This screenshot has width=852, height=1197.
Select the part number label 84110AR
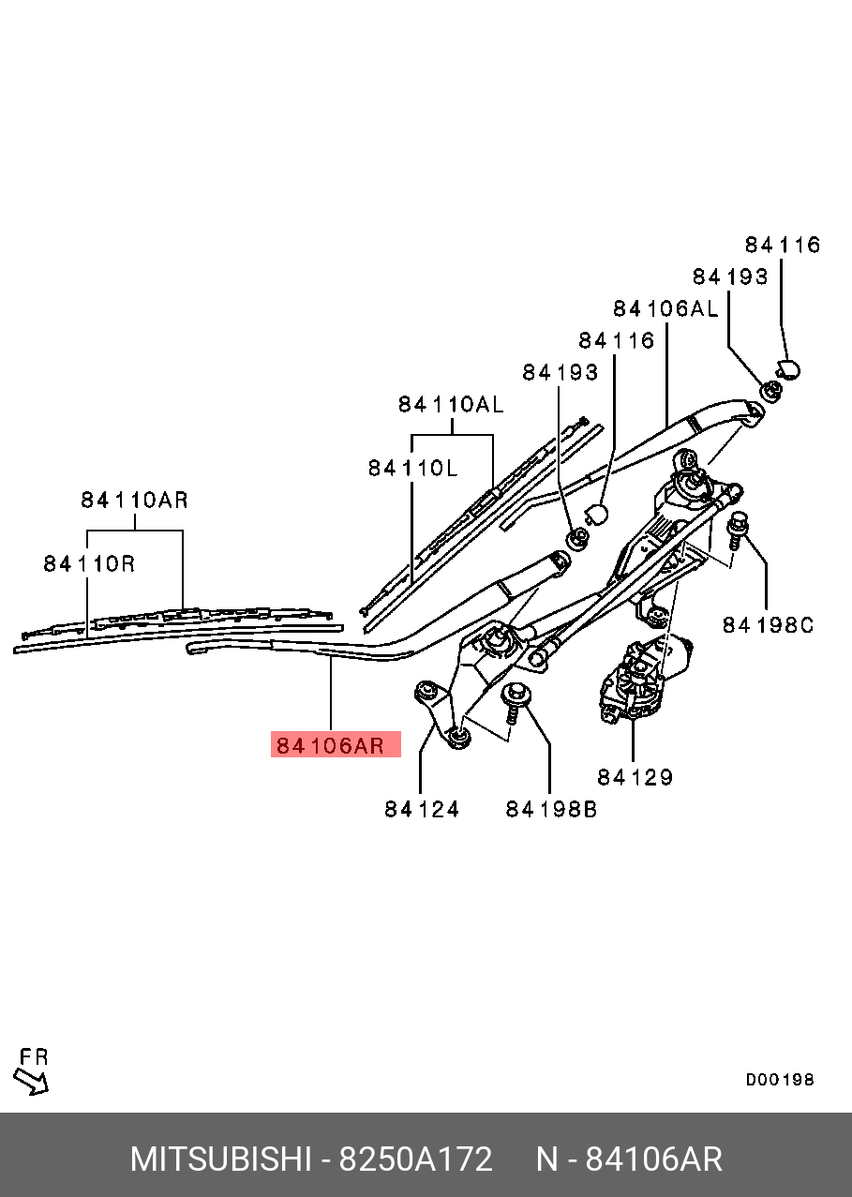pos(134,501)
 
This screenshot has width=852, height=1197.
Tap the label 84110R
pos(89,563)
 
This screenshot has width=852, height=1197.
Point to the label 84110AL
pos(451,404)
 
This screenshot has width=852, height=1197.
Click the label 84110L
pos(412,467)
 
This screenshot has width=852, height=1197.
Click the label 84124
pos(422,809)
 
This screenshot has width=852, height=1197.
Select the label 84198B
pos(551,809)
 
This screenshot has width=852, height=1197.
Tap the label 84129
pos(635,777)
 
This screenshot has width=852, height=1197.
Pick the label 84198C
pos(768,624)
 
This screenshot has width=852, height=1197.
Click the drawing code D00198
pos(780,1080)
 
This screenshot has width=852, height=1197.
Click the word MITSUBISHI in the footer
pos(219,1160)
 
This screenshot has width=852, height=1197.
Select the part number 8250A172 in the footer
pos(415,1160)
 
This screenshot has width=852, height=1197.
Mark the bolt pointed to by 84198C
pos(739,529)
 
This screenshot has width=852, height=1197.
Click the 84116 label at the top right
pos(783,245)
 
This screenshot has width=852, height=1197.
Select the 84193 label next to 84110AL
pos(560,372)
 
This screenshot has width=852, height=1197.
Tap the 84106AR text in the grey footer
pos(653,1160)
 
